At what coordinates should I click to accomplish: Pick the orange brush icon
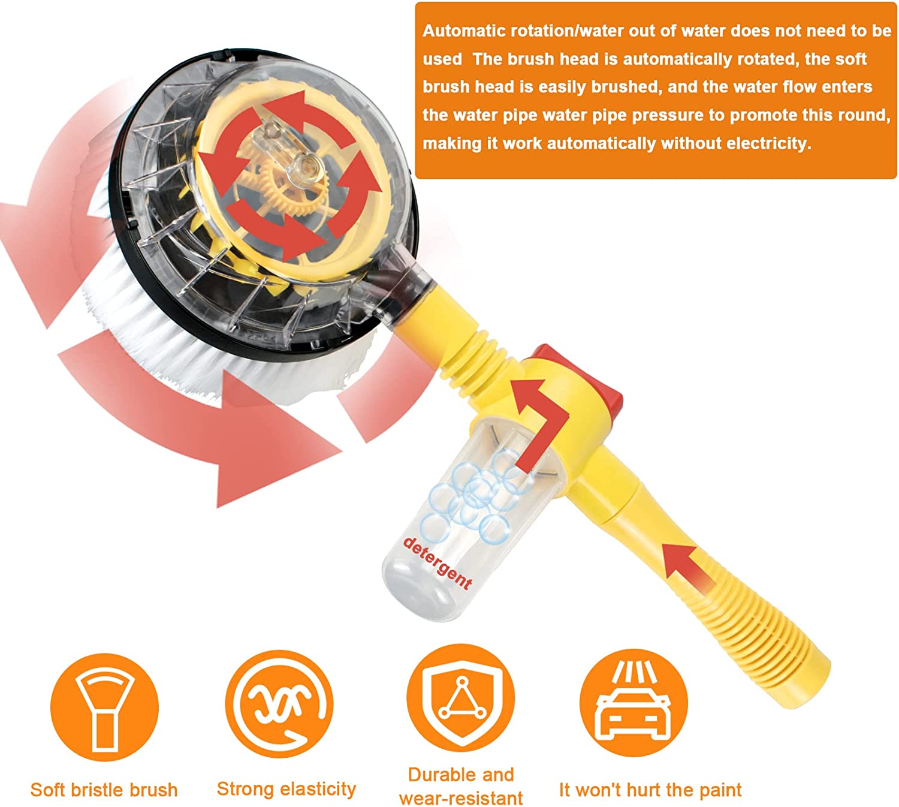click(104, 707)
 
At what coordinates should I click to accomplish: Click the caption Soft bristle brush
click(104, 790)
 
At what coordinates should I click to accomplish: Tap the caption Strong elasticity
click(286, 789)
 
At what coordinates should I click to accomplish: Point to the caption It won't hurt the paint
click(650, 790)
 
